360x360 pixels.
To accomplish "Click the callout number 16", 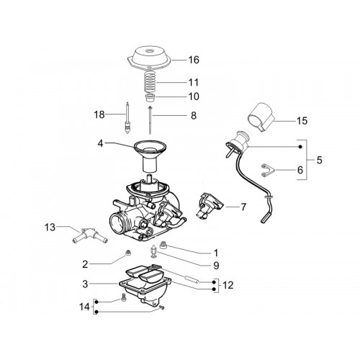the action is (x=194, y=60).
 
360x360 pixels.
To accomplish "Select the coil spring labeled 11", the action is (x=150, y=81).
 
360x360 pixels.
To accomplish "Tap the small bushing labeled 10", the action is (x=150, y=98).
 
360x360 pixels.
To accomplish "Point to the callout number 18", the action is (x=99, y=114).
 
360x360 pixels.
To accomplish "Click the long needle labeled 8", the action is (x=150, y=120).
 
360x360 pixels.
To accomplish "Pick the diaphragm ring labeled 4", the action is (x=150, y=147).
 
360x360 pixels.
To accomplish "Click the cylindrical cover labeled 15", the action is (x=261, y=117).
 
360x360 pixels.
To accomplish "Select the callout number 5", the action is (x=319, y=160).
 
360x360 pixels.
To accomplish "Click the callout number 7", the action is (x=243, y=207).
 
